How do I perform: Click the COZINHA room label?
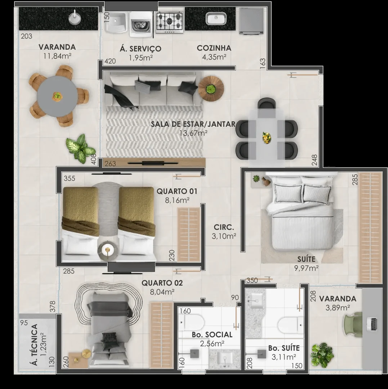tap(214, 48)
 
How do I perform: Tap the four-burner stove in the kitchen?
tap(170, 22)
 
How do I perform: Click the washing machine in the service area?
tap(141, 24)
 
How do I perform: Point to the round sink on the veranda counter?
tap(75, 17)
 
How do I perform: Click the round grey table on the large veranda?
tap(57, 96)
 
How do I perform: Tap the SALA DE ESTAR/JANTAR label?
tap(193, 124)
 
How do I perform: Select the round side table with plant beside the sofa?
tap(211, 88)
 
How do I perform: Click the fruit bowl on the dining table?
tap(267, 137)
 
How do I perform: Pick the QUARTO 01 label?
tap(177, 191)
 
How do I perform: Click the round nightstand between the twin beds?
tap(107, 250)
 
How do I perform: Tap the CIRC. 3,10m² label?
tap(224, 232)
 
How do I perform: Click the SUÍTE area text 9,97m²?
tap(306, 268)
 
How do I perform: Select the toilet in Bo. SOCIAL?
tap(192, 322)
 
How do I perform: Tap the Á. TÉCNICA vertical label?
tap(35, 345)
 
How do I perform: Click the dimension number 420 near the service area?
tap(110, 61)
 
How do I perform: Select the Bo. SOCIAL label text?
tap(212, 335)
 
